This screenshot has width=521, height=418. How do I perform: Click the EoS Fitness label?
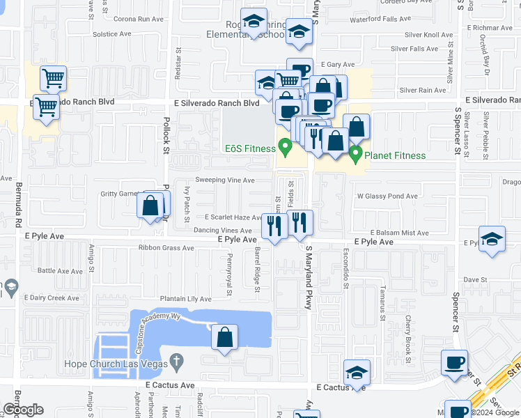tap(249, 148)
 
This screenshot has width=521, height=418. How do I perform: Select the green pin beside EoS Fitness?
tap(284, 147)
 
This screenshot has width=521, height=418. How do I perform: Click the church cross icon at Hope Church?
tap(177, 362)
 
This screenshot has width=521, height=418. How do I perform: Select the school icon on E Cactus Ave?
tap(357, 372)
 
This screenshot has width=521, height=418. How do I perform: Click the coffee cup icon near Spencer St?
tap(454, 362)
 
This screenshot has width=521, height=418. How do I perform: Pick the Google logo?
tap(23, 410)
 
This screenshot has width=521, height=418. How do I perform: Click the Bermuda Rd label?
tap(18, 202)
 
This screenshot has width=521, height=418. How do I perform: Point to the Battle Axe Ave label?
tap(60, 270)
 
